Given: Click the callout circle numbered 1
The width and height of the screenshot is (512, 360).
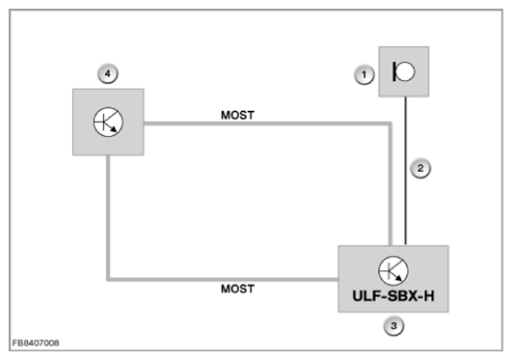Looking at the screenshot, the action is coord(364,75).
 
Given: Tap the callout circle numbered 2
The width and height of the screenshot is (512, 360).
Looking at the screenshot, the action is coord(420,168).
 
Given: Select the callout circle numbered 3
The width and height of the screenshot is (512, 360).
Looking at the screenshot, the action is coord(393,326).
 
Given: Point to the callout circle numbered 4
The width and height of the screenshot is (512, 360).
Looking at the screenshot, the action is coord(108,73).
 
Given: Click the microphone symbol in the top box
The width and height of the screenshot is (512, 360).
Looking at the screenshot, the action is coord(404,71).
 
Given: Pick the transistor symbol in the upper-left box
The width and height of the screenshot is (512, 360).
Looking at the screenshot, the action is coord(108,122).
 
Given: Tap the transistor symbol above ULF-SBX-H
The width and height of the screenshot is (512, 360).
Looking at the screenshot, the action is coord(393,271).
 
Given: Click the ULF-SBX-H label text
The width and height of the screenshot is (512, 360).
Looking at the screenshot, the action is coord(393,296).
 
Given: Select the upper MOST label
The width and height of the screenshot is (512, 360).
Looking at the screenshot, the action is coord(237,115).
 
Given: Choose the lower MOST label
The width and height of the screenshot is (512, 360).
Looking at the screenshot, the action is coord(237,289).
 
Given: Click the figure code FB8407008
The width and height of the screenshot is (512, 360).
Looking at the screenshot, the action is coord(36,343).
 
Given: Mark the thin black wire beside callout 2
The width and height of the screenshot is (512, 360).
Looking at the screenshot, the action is coord(406,171).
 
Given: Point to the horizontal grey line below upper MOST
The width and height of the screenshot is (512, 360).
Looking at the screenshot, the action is coord(267,124).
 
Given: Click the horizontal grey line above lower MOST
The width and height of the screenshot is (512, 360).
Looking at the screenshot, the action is coord(223,279).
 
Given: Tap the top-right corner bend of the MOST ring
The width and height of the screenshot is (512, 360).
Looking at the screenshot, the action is coord(390,124).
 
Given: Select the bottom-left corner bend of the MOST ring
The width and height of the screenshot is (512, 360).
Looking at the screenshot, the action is coord(108,279).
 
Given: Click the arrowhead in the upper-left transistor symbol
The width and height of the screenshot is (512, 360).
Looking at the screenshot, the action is coord(114,129).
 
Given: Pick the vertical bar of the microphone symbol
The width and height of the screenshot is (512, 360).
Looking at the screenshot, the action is coord(394,71).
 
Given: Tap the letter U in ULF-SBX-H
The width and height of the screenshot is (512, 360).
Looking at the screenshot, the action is coord(358,296).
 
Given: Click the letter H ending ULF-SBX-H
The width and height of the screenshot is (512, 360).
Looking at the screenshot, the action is coord(429,296).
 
